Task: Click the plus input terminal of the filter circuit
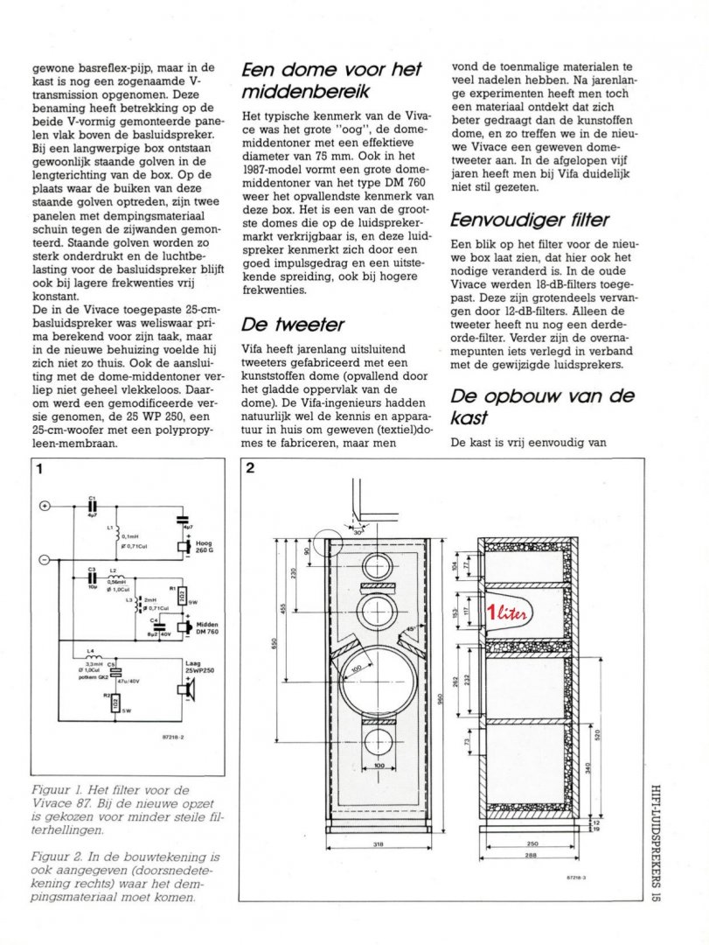45,506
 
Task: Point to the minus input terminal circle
45,558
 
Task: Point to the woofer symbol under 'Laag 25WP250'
185,690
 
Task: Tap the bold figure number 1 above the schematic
39,468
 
